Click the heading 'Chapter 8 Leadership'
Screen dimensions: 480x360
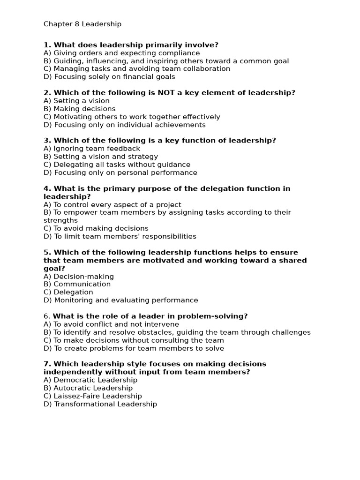coord(82,24)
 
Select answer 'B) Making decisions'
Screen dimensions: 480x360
coord(79,109)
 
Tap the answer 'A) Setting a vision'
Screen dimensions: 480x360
coord(76,101)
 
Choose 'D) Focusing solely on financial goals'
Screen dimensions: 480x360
coord(109,77)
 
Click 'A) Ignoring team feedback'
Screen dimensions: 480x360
coord(92,149)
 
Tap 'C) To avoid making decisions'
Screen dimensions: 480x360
coord(96,228)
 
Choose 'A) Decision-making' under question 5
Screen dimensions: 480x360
coord(79,277)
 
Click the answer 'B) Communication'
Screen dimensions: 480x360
coord(77,284)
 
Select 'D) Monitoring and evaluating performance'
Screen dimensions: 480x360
coord(120,300)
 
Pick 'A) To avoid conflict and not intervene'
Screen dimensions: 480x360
coord(111,324)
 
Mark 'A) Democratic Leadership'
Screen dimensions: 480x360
coord(90,380)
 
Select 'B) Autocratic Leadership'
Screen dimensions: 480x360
coord(88,388)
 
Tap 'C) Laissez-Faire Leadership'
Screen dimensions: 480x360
coord(93,396)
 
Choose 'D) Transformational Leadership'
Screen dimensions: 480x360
coord(100,404)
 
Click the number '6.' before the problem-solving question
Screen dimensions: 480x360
coord(46,316)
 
